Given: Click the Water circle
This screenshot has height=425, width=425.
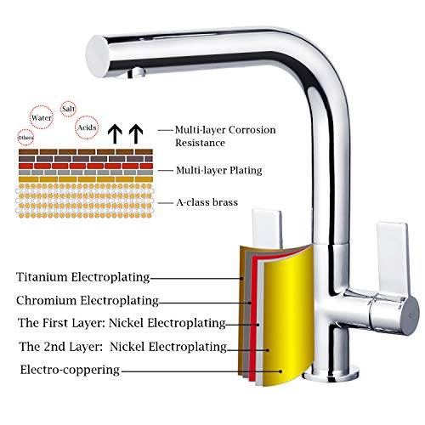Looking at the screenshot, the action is point(42,117).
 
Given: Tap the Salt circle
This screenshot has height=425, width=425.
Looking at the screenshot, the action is point(68,109).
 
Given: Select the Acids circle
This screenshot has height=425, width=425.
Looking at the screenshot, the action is point(87,127).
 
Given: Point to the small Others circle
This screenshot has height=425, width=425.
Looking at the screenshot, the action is point(25,138).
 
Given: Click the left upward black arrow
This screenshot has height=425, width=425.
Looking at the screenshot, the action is point(115,133).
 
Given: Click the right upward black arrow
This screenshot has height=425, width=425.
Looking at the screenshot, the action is point(136,133).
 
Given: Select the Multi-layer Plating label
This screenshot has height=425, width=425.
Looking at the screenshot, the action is point(218,171).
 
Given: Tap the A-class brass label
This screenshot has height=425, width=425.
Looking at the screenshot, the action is point(207,202).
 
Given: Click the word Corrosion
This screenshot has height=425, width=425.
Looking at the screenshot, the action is point(252,130).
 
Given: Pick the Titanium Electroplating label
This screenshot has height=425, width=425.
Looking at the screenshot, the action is point(83,277).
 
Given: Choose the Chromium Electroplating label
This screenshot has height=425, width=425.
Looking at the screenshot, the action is point(88,300).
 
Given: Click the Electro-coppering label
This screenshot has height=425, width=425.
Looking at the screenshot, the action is point(70,370).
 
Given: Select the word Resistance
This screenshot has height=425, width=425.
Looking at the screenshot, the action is point(200,143).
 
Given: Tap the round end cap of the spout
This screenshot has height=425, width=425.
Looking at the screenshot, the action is point(97,56).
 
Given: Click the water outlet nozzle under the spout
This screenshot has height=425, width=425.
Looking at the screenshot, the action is point(137,72).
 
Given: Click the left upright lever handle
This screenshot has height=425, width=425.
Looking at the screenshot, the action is point(267,229).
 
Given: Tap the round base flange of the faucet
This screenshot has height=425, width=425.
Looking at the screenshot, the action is point(331,375).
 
